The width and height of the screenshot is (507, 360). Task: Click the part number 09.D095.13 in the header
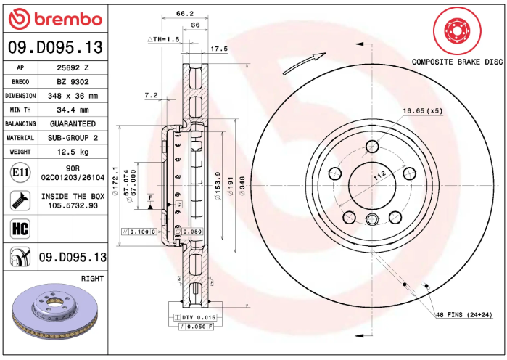54,48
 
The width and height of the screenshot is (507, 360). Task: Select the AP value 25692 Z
72,67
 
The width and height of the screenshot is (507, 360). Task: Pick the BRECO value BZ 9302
72,81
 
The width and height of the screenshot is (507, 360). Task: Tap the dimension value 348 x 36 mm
72,96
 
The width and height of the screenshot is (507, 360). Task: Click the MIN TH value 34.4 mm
72,110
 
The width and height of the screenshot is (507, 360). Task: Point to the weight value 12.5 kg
72,152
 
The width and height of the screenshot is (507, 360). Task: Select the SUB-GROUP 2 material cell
72,138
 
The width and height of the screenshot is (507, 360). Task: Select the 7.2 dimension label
151,95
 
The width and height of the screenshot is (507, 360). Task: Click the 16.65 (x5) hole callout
423,110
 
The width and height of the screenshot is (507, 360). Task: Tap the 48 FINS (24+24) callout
466,314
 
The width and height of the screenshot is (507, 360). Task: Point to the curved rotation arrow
302,63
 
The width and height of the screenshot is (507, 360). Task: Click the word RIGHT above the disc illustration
92,278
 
